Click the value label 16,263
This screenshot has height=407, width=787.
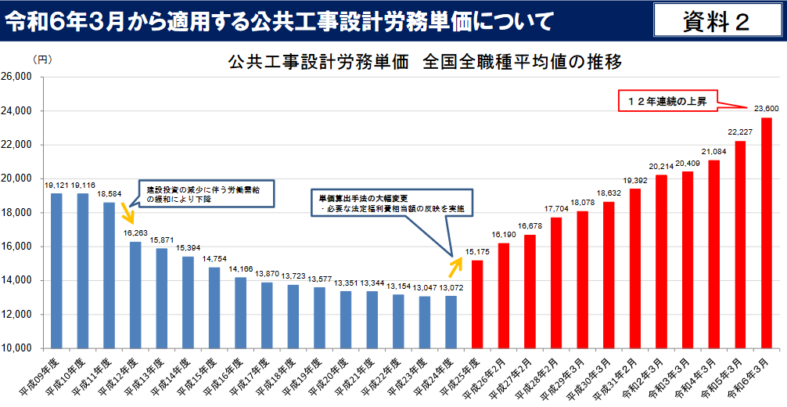tap(135, 233)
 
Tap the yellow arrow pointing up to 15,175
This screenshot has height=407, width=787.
tap(455, 268)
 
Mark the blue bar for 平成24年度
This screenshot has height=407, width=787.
tap(451, 322)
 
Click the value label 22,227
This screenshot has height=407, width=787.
tap(739, 131)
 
